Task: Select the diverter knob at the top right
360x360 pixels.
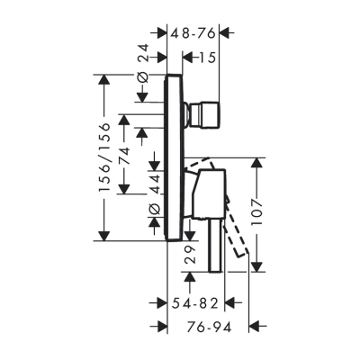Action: pos(200,115)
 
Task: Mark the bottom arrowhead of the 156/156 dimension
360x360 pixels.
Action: pos(107,237)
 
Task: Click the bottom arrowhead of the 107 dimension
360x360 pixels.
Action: pos(257,267)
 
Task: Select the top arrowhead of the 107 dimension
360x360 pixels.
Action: pos(257,162)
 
